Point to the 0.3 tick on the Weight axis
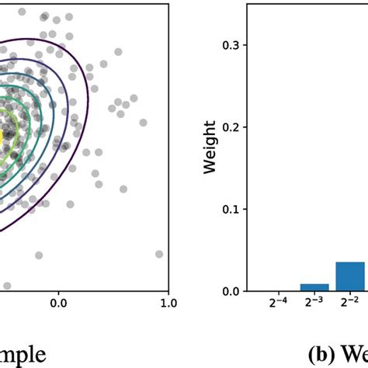point(231,45)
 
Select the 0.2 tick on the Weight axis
point(231,127)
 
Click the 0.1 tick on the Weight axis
point(231,210)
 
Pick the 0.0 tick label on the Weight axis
point(231,291)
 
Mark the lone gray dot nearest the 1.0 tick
point(159,254)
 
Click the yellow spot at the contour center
point(6,134)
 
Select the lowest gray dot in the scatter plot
point(7,285)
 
